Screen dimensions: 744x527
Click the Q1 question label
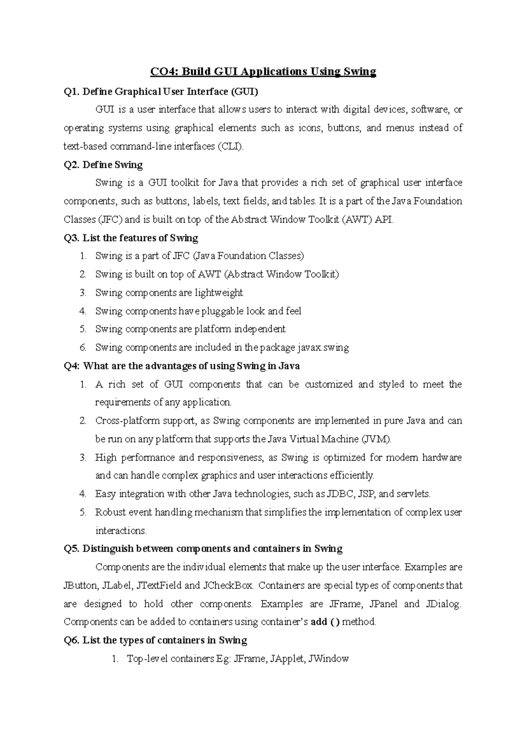coord(72,92)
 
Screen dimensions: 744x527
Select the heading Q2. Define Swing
coord(103,165)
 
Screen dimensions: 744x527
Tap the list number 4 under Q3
coord(83,311)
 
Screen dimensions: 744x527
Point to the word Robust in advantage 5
coord(110,513)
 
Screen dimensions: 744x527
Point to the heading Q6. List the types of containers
coord(155,640)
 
